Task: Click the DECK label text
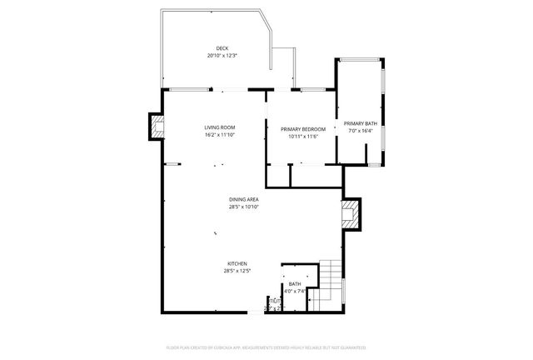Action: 222,48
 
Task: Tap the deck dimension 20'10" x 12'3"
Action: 222,56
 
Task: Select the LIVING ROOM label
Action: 220,127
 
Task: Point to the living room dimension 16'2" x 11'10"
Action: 220,135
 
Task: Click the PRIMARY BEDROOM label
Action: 302,129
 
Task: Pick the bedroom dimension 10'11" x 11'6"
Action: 302,137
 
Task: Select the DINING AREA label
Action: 245,199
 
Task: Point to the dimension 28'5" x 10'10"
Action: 245,207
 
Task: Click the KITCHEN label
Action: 237,263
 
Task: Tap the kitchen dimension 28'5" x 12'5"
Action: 237,271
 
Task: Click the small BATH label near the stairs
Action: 296,284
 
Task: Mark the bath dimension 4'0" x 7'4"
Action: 296,292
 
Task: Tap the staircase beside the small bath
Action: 331,278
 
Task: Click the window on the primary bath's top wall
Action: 359,60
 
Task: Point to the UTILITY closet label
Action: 273,300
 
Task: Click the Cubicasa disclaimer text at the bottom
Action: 266,344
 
